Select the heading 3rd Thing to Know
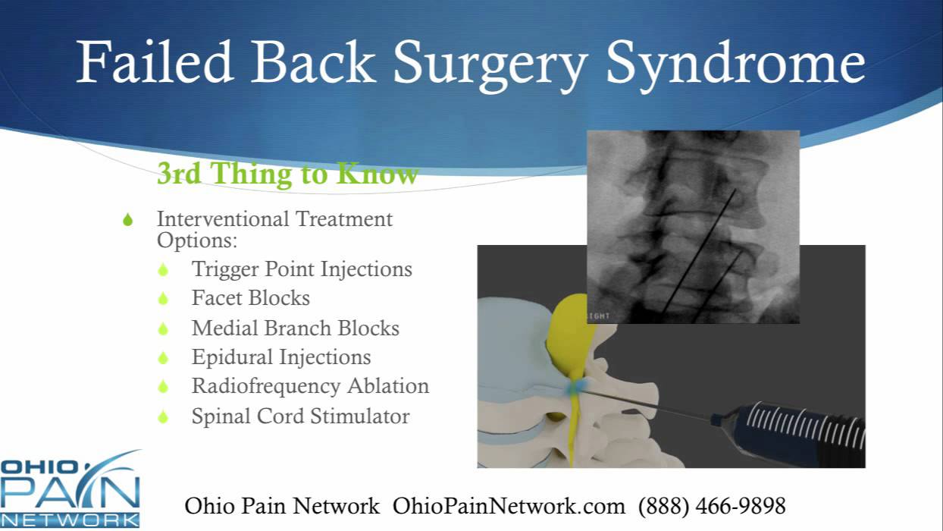(287, 174)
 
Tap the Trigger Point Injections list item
(302, 269)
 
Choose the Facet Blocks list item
(251, 298)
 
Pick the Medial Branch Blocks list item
(296, 328)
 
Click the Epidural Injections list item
(281, 357)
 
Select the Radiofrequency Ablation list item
(310, 386)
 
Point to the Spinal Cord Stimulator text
(300, 416)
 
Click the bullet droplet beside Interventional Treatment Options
(128, 220)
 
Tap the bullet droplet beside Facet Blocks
(163, 299)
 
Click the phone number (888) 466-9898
(712, 505)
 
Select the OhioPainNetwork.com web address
(509, 505)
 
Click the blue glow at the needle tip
(574, 386)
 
